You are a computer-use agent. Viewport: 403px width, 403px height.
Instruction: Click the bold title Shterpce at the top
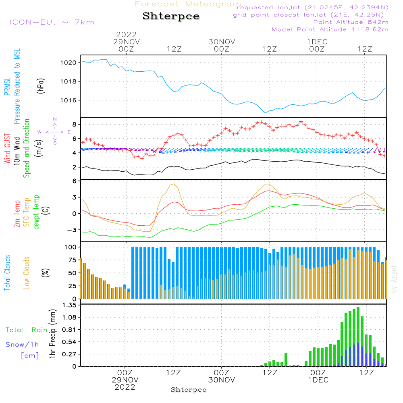[171, 16]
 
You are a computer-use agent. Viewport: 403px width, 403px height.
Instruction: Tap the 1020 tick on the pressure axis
[68, 63]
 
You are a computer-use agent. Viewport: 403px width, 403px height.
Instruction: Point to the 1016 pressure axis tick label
[68, 100]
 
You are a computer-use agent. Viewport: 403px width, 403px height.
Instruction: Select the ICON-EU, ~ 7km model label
[52, 22]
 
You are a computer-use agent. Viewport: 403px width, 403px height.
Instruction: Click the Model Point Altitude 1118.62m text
[330, 29]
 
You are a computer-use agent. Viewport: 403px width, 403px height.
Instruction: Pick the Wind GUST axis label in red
[7, 148]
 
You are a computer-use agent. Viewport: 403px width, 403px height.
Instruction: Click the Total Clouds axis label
[7, 273]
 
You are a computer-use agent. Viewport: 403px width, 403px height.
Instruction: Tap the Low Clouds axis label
[27, 273]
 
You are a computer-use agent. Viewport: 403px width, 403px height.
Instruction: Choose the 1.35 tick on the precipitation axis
[69, 305]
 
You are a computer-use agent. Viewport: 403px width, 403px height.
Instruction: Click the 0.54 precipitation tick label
[69, 342]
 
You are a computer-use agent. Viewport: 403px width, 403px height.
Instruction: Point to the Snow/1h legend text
[22, 345]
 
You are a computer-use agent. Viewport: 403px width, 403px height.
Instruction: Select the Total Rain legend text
[27, 330]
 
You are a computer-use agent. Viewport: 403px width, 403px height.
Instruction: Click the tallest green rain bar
[358, 337]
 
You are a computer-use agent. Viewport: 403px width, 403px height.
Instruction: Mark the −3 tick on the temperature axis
[72, 230]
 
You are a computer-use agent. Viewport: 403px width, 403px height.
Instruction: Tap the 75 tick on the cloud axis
[72, 260]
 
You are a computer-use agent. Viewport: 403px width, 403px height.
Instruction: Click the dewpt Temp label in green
[36, 212]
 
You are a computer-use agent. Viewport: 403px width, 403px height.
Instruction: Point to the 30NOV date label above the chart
[222, 42]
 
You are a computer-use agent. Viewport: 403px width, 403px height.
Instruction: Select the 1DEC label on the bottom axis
[318, 380]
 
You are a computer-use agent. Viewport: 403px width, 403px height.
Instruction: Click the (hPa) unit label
[41, 86]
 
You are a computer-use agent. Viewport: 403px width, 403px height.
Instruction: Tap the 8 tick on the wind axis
[74, 125]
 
